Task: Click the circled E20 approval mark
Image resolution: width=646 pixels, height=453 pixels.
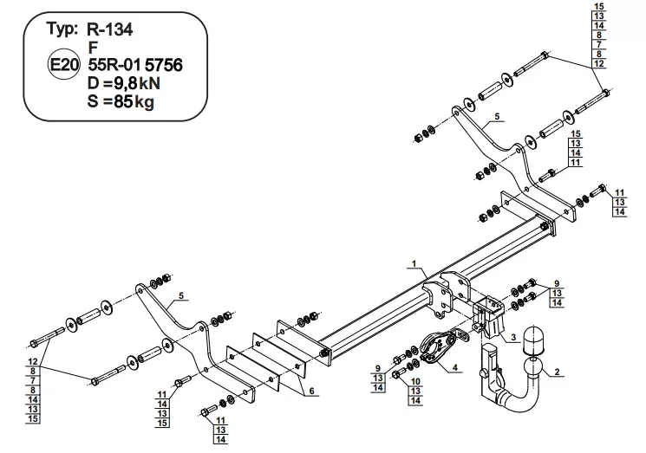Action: pos(63,65)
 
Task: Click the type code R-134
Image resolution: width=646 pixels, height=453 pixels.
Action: pos(110,29)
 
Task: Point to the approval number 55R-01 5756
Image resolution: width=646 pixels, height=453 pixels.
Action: pos(135,65)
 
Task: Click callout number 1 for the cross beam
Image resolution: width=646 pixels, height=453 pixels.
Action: pos(414,263)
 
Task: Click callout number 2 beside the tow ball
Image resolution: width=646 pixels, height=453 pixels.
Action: pos(557,372)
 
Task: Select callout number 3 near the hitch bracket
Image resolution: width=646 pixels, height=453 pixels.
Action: pos(513,338)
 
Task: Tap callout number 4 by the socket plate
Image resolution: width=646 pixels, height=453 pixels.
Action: pos(455,367)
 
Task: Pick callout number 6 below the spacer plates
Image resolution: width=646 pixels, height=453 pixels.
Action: pos(311,391)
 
